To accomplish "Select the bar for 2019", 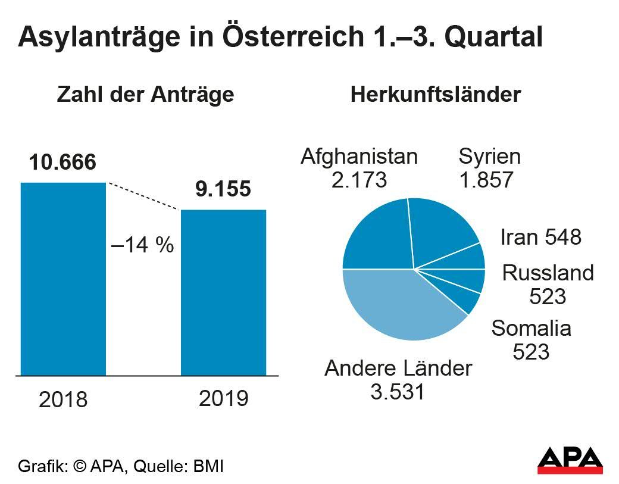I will pyautogui.click(x=223, y=292).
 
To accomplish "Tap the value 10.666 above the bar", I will pyautogui.click(x=62, y=162).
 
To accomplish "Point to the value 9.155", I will pyautogui.click(x=223, y=189).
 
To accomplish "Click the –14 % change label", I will pyautogui.click(x=143, y=245).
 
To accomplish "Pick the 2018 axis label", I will pyautogui.click(x=63, y=399).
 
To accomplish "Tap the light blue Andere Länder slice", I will pyautogui.click(x=399, y=304).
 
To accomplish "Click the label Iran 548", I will pyautogui.click(x=540, y=237).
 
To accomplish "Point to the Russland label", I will pyautogui.click(x=548, y=273).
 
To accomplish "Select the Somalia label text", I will pyautogui.click(x=532, y=328).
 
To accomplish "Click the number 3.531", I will pyautogui.click(x=398, y=392).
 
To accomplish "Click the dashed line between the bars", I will pyautogui.click(x=143, y=196).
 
